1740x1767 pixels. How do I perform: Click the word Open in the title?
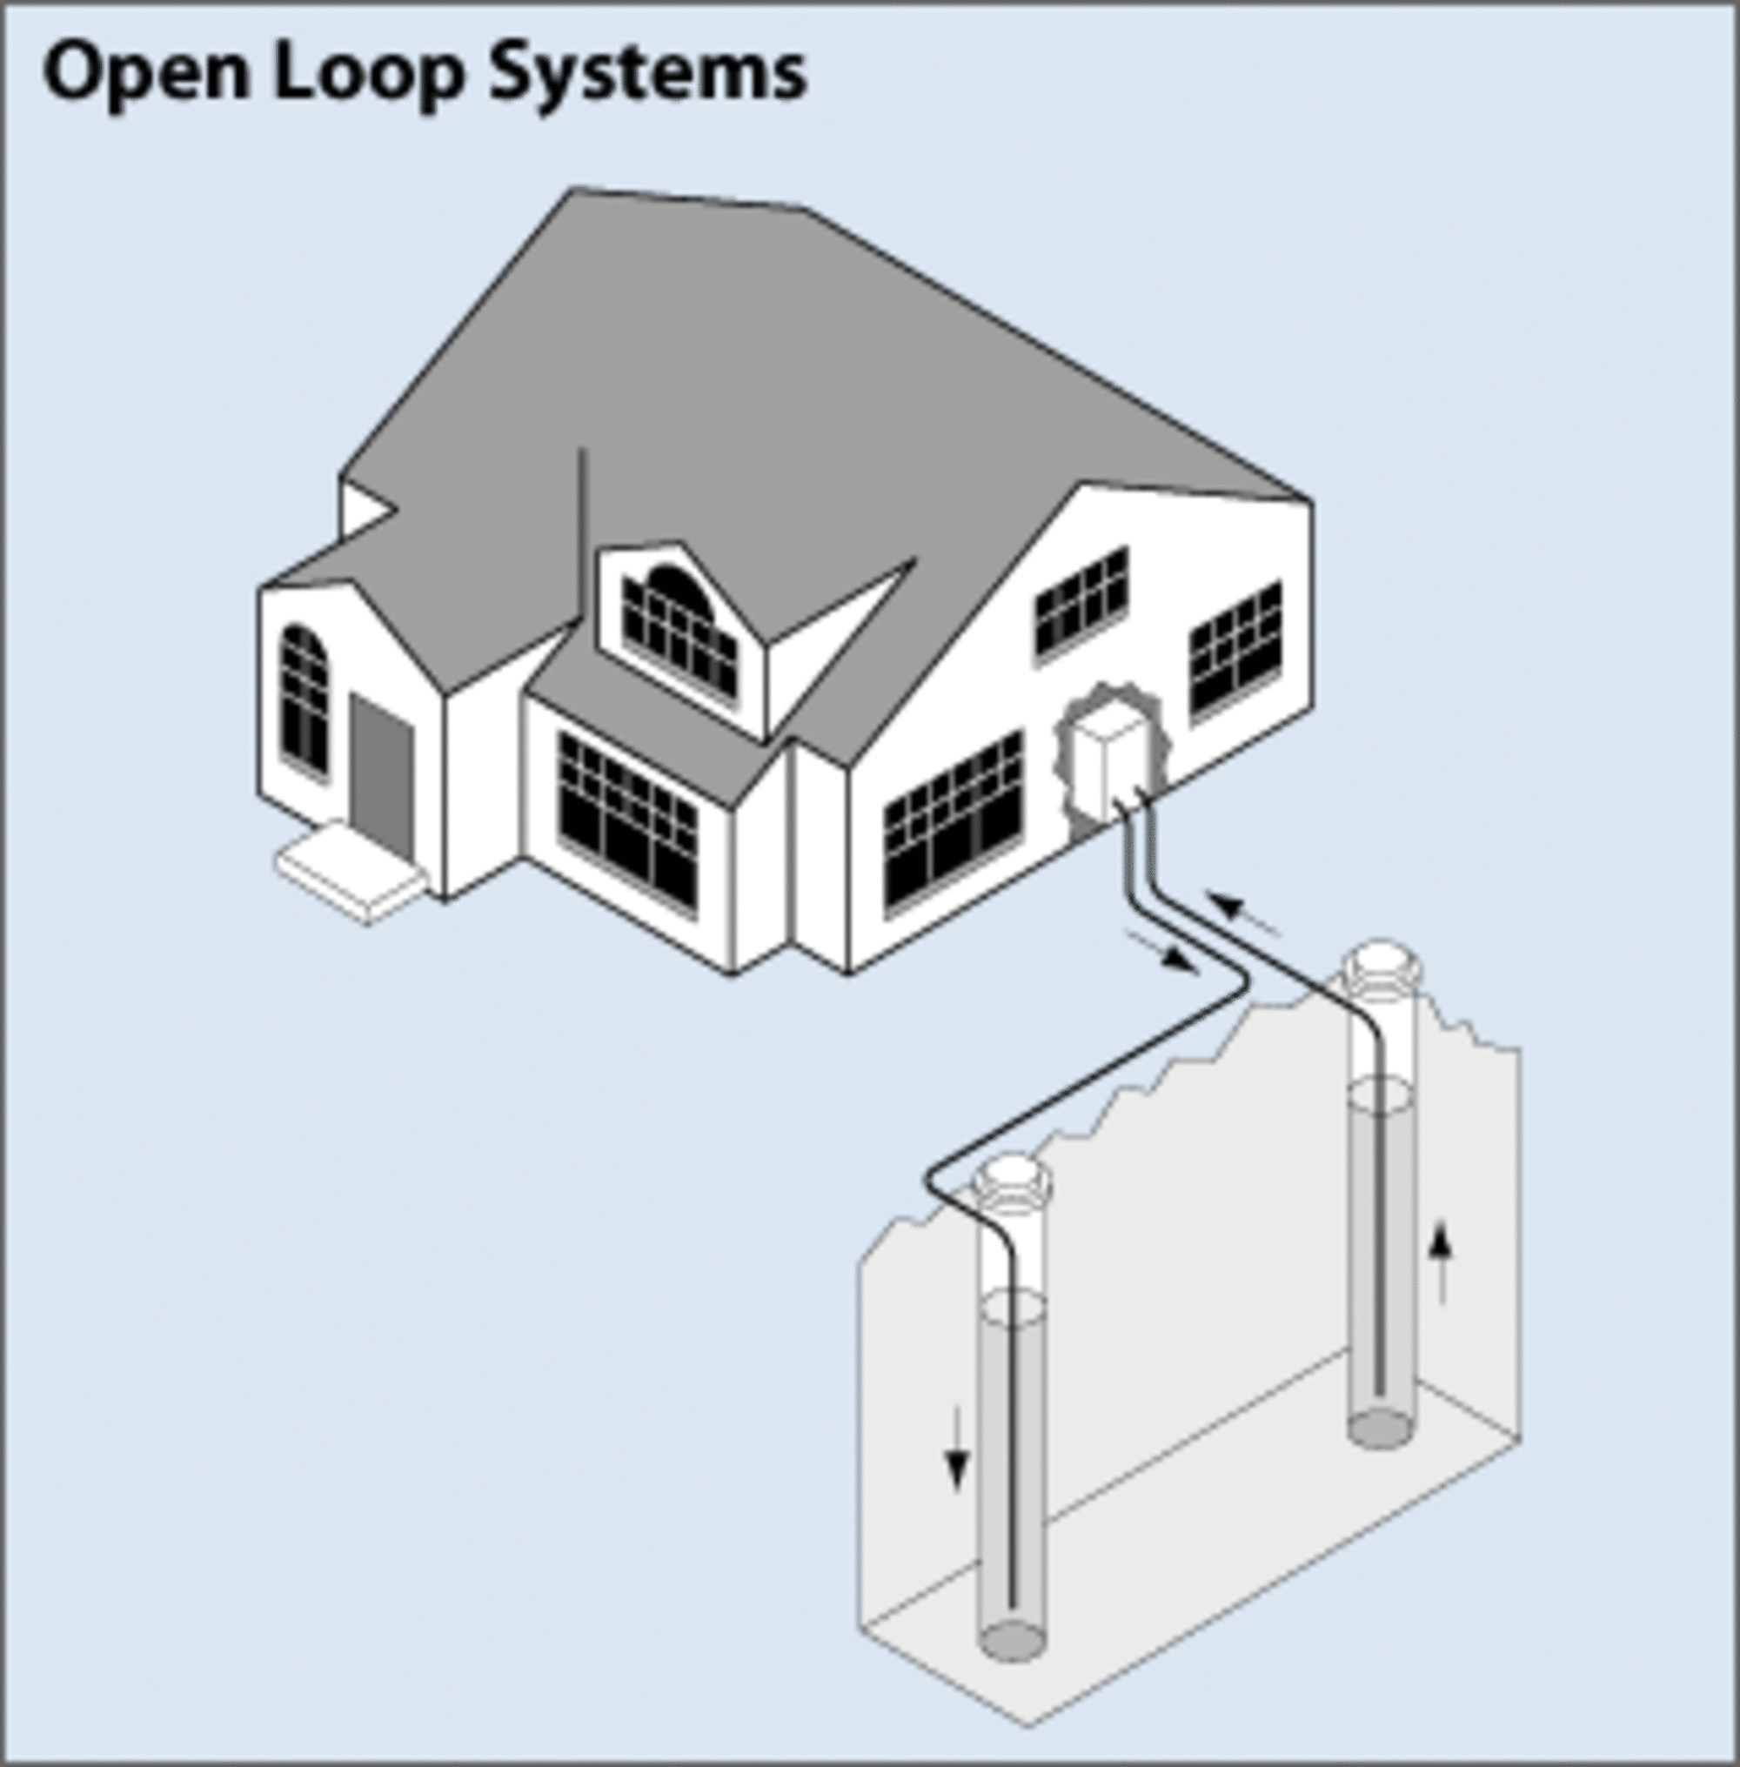[146, 73]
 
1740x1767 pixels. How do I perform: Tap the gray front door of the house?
[382, 777]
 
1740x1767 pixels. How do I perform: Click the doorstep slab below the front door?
[351, 872]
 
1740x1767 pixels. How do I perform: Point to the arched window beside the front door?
[304, 698]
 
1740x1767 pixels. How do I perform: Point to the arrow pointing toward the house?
[1243, 914]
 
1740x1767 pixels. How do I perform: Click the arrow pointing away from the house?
[1164, 950]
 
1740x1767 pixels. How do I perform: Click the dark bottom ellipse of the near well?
[1012, 1641]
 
